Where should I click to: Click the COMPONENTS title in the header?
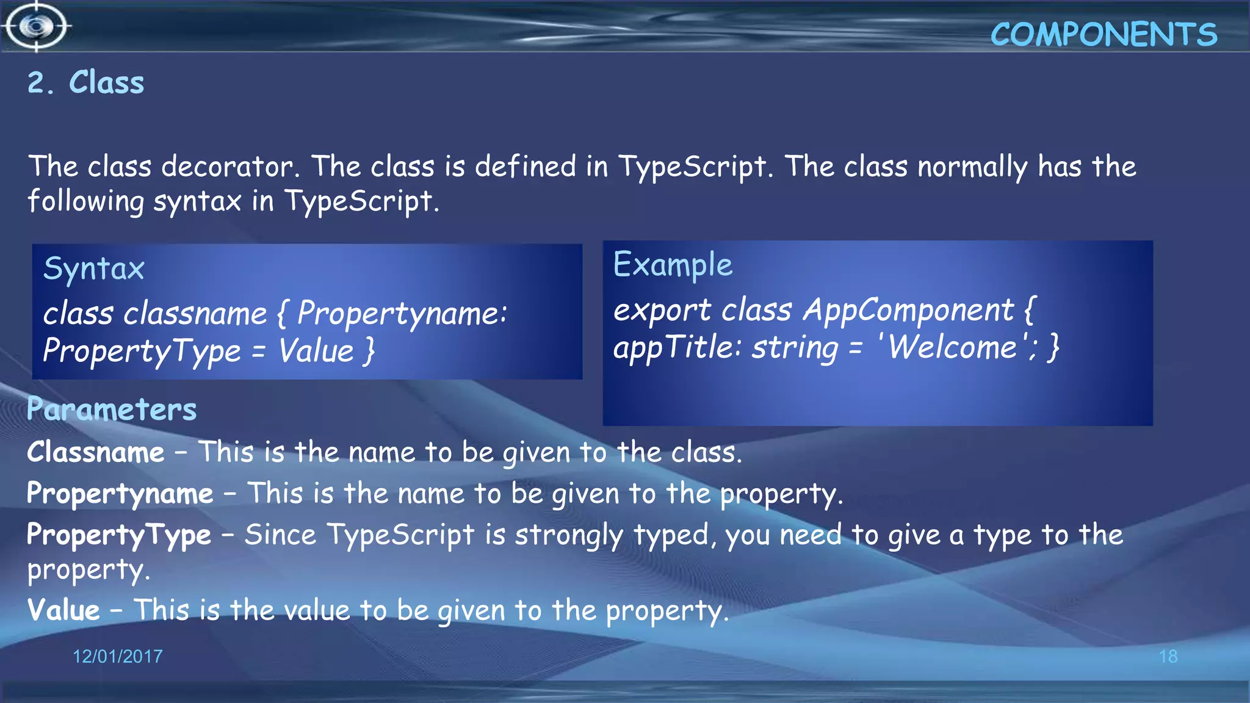point(1104,35)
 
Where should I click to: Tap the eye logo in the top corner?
point(37,26)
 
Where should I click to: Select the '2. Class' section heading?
point(86,82)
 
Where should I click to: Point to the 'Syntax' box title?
point(94,269)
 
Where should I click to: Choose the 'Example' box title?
point(673,265)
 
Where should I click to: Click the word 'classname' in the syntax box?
point(195,314)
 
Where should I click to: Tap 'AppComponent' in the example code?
point(908,310)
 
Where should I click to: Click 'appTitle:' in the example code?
point(677,348)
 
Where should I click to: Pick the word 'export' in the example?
point(662,311)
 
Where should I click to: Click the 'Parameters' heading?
point(112,409)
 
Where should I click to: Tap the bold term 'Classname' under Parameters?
point(96,453)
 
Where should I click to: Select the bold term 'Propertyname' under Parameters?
point(120,494)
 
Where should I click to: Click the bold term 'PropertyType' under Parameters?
point(119,535)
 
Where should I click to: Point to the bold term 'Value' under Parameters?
point(63,610)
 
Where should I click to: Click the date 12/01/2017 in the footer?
point(118,657)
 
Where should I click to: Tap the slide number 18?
point(1168,657)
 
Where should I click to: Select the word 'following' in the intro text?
point(85,201)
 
